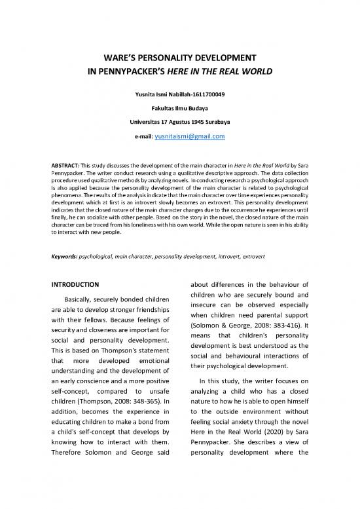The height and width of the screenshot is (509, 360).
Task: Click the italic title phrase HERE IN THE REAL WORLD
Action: [223, 71]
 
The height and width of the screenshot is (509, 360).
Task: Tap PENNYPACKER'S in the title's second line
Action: [127, 71]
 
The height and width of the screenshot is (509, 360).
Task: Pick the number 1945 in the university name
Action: [200, 123]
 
